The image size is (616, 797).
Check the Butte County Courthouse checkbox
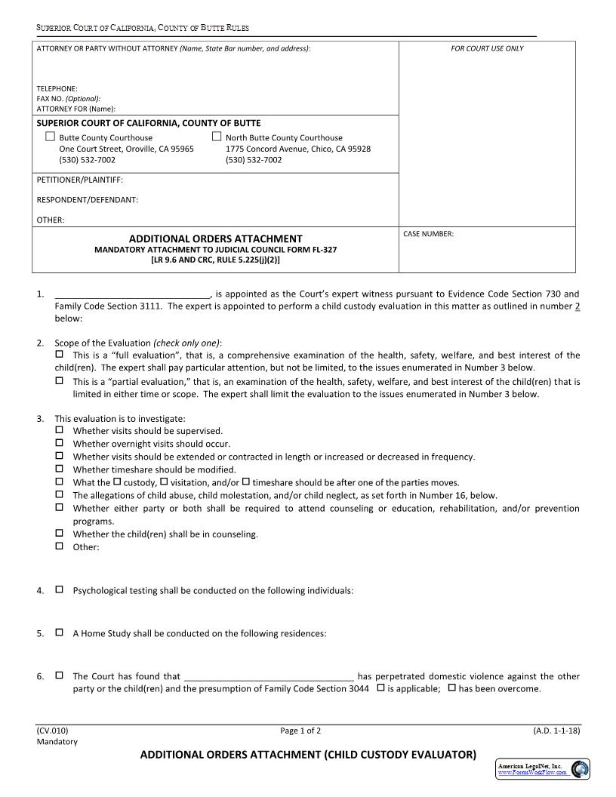51,137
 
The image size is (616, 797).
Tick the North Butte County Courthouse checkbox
217,137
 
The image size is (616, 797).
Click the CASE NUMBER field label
428,234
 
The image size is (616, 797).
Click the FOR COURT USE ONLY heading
487,48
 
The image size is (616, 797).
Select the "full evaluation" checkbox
60,353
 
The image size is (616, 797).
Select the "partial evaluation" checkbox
60,380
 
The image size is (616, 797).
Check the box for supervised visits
60,429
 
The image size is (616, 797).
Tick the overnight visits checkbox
60,442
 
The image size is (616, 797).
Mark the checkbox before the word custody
117,481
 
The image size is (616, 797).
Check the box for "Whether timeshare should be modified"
60,468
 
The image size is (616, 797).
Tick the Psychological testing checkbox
60,589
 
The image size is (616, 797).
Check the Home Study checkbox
60,632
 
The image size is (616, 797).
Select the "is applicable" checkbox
380,688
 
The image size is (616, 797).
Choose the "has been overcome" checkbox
451,688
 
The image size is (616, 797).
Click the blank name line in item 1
133,294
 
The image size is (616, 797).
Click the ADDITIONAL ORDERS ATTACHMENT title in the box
215,238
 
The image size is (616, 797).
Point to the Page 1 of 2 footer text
300,731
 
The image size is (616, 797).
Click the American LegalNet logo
543,768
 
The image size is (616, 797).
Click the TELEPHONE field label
57,88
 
